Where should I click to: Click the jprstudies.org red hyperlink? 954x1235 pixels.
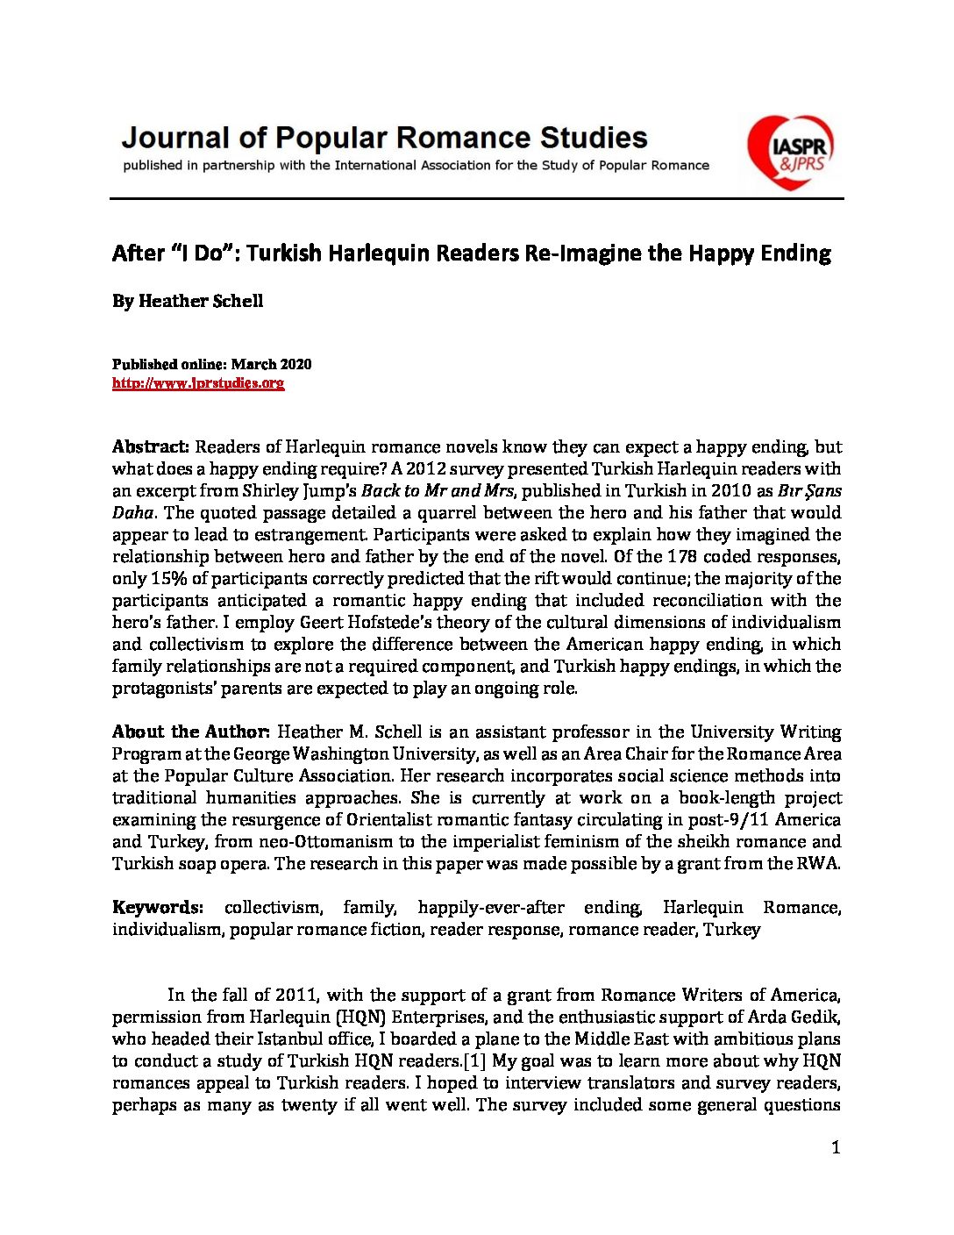pos(198,383)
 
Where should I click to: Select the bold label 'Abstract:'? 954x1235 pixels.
pos(151,446)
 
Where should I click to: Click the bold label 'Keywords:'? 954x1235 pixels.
pos(158,907)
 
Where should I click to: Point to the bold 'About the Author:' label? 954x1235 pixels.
pos(190,732)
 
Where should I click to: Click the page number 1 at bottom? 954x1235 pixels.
pos(836,1147)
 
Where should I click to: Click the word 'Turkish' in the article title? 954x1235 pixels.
pos(290,253)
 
